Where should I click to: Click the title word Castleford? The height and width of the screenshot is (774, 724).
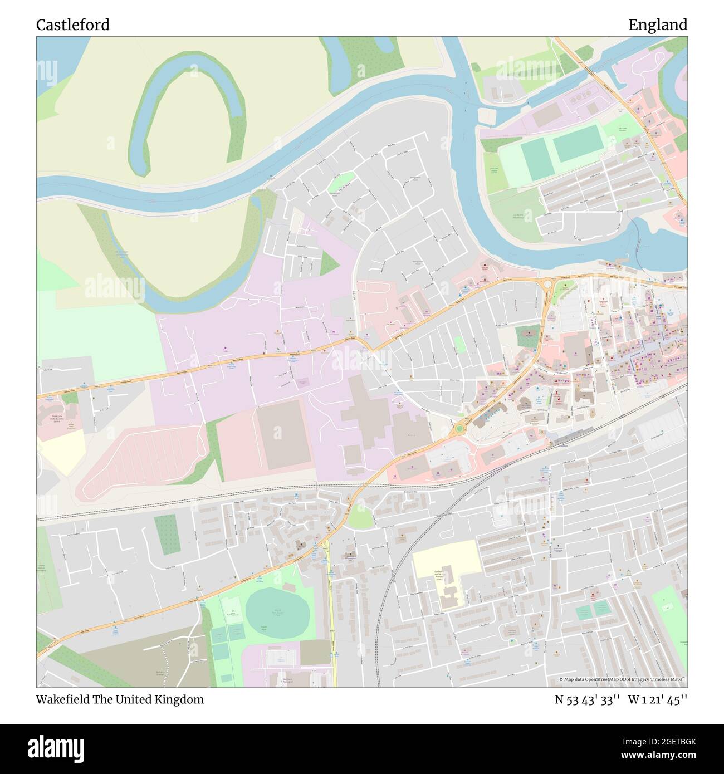point(73,25)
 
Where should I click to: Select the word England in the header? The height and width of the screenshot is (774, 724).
point(658,25)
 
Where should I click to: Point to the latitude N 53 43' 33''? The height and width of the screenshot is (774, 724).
point(587,699)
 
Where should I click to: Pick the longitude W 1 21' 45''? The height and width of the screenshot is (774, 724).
point(658,699)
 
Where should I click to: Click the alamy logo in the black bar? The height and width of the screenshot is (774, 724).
point(56,747)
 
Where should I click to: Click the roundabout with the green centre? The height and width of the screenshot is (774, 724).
point(459,429)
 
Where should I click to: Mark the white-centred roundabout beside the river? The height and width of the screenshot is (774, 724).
point(547,283)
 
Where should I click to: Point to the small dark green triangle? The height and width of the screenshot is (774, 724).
point(328,263)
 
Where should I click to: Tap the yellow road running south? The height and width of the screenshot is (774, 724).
point(331,613)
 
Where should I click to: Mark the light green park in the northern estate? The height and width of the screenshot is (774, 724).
point(341,182)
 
